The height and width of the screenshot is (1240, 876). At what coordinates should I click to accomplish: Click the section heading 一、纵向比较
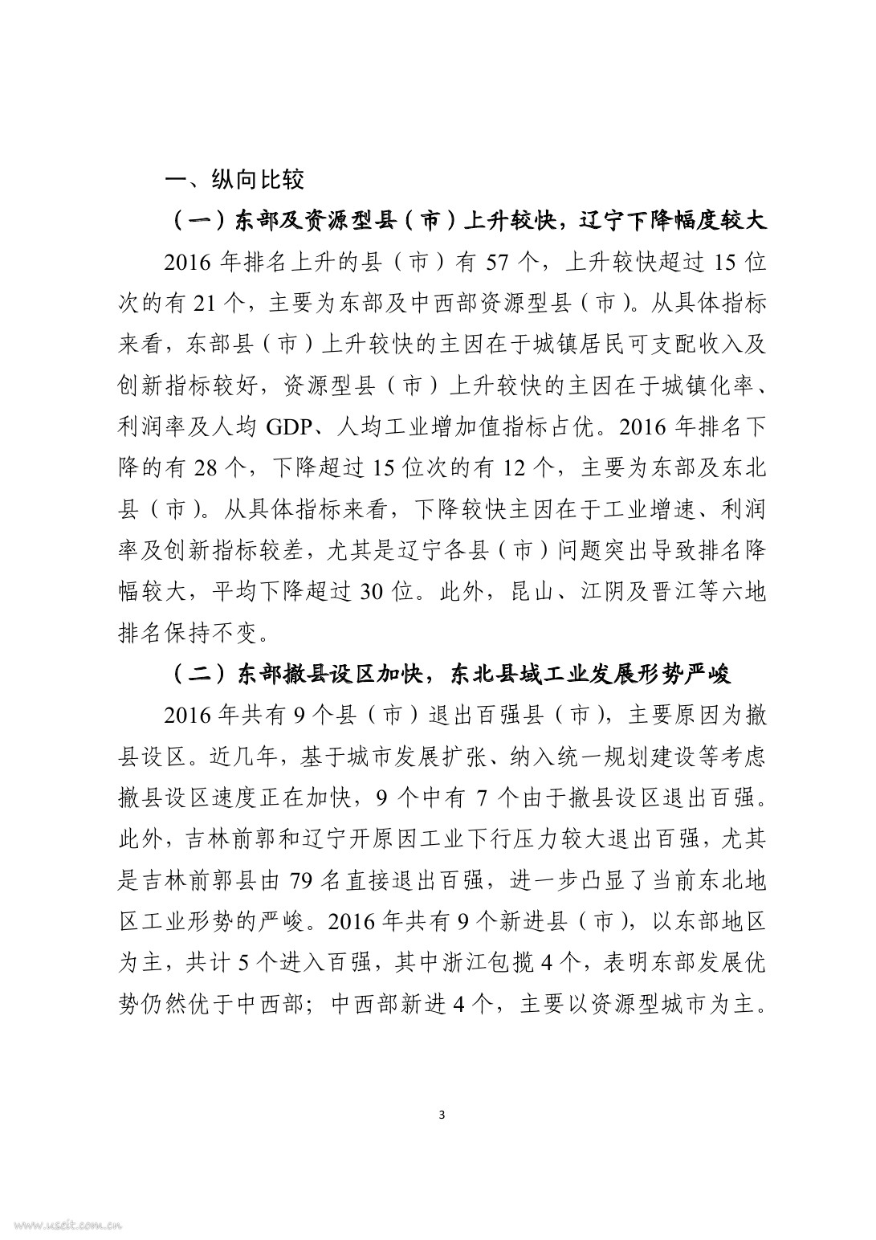(x=234, y=179)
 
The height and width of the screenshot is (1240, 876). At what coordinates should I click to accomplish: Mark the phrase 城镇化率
(x=711, y=385)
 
